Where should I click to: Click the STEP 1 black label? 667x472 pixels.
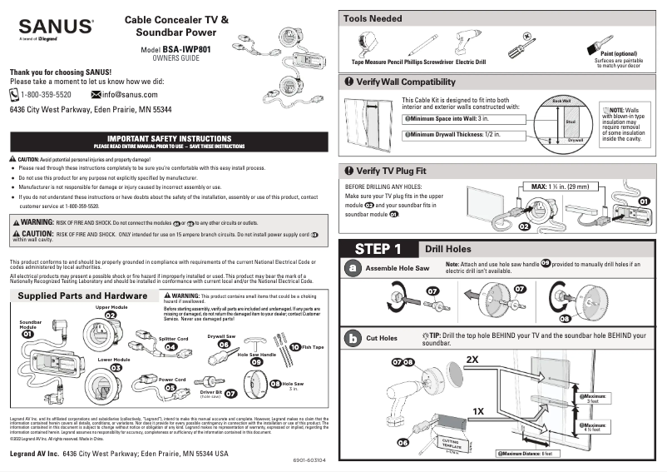tap(378, 249)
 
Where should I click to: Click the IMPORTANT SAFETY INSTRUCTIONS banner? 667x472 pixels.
tap(169, 137)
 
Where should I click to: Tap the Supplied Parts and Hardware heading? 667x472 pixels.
tap(82, 296)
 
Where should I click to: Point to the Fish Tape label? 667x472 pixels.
tap(313, 346)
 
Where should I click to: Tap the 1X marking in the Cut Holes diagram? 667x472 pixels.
tap(478, 411)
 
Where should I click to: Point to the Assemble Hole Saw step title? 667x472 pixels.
tap(398, 269)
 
